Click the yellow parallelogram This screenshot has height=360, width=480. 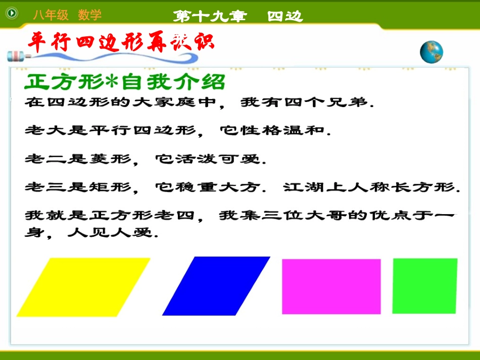point(83,287)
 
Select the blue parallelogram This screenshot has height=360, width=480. point(216,286)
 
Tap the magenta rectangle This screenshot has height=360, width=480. point(331,286)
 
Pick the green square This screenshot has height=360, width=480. point(424,285)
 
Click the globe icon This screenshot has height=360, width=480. point(431,52)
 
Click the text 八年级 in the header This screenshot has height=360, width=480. point(51,15)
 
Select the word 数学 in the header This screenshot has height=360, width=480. point(89,15)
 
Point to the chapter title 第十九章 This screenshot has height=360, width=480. point(210,16)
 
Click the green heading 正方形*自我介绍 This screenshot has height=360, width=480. point(124,82)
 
